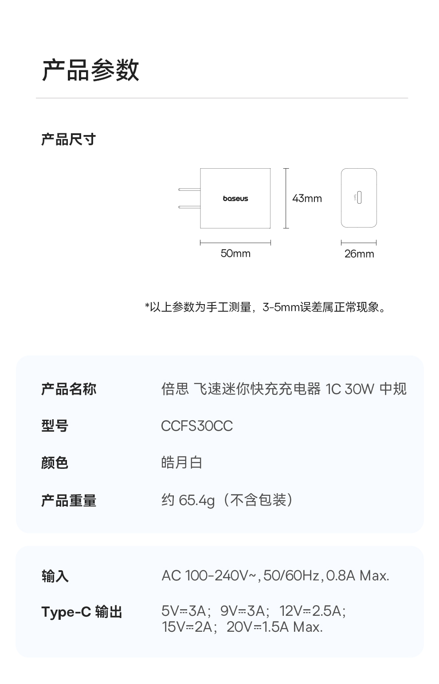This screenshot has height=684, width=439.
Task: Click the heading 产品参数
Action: [x=90, y=70]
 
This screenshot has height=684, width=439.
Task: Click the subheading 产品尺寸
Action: [x=68, y=139]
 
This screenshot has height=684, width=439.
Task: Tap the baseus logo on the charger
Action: [x=235, y=198]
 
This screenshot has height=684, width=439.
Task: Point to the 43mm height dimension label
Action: [x=307, y=198]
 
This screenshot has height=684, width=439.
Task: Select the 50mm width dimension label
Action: [x=235, y=254]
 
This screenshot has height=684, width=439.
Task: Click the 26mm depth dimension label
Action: [x=359, y=254]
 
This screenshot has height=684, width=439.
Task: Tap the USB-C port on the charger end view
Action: [x=359, y=198]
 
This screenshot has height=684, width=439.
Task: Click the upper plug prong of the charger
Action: [x=189, y=189]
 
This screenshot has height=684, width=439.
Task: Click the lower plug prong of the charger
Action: [x=189, y=207]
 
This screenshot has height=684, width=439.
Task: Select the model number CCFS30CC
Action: [x=196, y=426]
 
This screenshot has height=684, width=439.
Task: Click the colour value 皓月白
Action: [x=182, y=463]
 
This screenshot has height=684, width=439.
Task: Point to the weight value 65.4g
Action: [x=196, y=501]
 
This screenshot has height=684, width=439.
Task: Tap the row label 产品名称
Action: [x=68, y=389]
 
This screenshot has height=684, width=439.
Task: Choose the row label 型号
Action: [x=55, y=426]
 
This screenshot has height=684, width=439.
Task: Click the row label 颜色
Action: [x=55, y=463]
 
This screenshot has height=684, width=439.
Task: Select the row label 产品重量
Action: [x=68, y=501]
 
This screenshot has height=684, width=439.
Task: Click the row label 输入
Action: [x=55, y=576]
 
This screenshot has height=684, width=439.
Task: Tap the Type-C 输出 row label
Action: [x=82, y=612]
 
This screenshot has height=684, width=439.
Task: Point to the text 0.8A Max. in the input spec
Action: [x=357, y=576]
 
